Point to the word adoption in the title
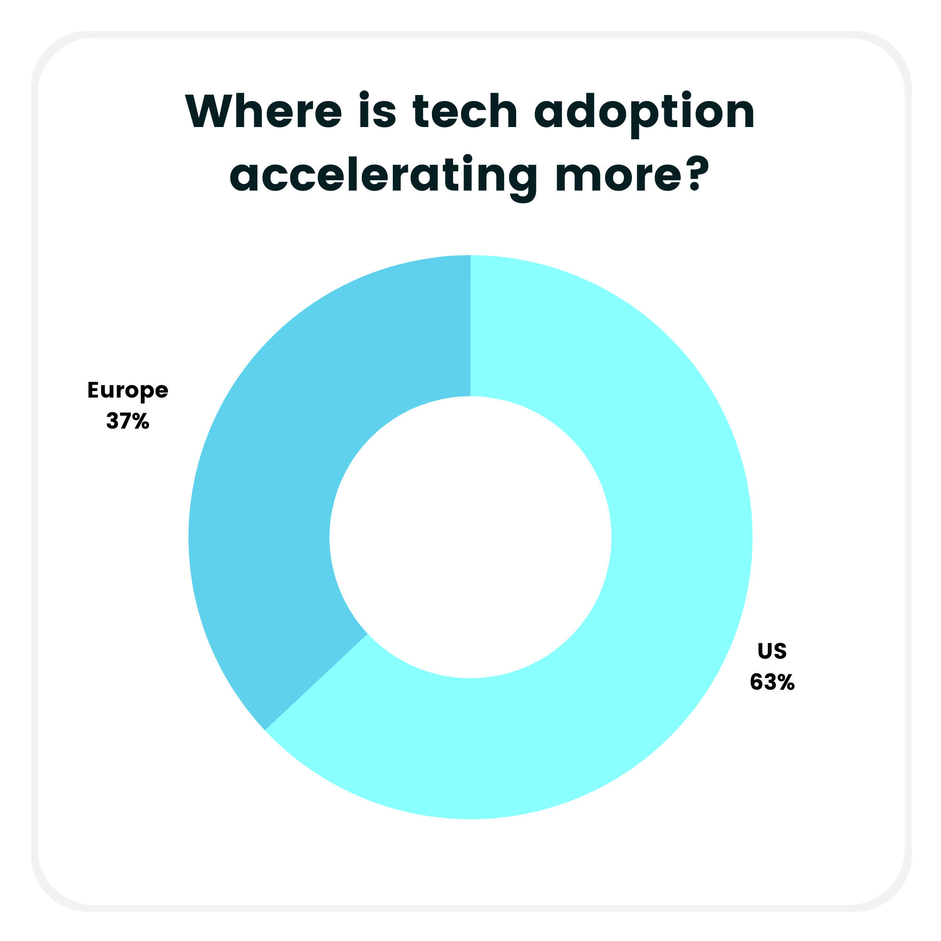click(644, 112)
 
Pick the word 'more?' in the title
click(628, 175)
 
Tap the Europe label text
click(128, 391)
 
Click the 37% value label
click(128, 421)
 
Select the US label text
click(772, 651)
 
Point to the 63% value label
click(772, 682)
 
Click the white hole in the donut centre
click(470, 537)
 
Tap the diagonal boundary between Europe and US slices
click(317, 682)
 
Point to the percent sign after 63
click(786, 682)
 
